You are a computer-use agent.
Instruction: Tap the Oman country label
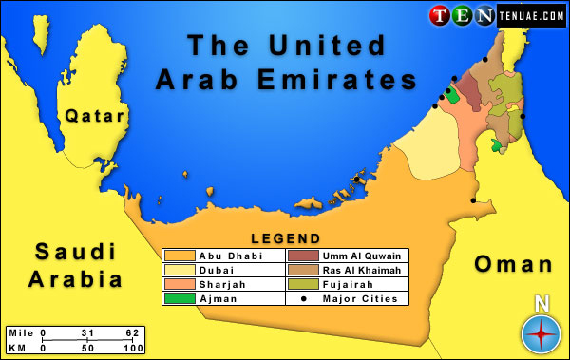tap(513, 264)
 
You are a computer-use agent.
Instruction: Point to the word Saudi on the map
tap(75, 252)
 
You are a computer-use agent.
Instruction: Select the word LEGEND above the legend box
tap(284, 238)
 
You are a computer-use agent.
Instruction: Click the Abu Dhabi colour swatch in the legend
tap(180, 256)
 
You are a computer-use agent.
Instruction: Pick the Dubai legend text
tap(214, 270)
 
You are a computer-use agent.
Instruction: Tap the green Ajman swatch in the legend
tap(180, 298)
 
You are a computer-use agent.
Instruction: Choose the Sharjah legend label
tap(220, 284)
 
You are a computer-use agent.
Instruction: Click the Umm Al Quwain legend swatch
tap(303, 256)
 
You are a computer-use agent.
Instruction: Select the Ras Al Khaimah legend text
tap(362, 270)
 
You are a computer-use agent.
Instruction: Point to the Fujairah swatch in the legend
tap(303, 284)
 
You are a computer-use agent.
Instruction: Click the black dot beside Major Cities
tap(303, 298)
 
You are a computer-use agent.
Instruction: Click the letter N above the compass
tap(541, 305)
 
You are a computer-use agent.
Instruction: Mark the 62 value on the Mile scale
tap(133, 333)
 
